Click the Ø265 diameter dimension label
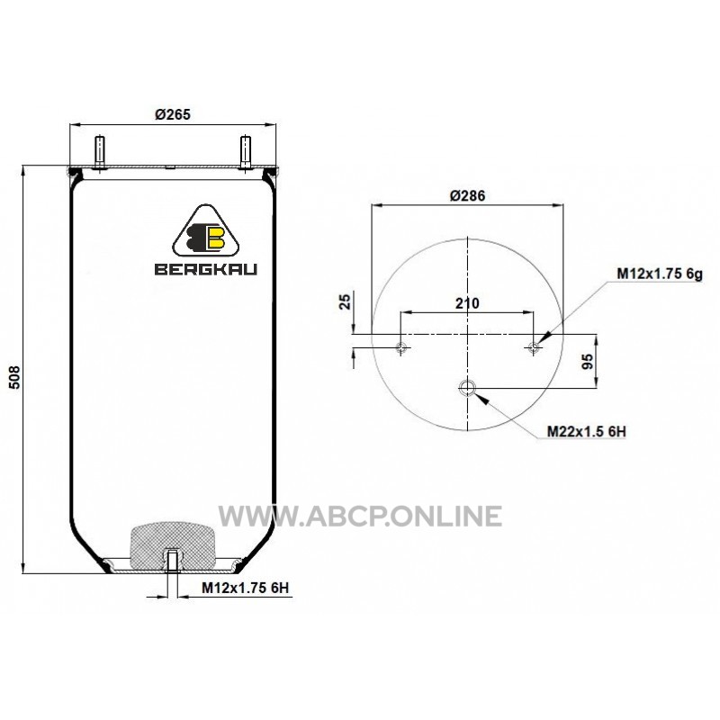point(173,114)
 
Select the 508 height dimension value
point(15,377)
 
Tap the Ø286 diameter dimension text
point(467,195)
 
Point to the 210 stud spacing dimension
point(467,303)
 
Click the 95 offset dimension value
point(588,362)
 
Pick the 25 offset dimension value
point(345,301)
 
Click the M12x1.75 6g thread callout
point(660,274)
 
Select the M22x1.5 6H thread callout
point(587,432)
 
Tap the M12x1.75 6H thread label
point(245,588)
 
